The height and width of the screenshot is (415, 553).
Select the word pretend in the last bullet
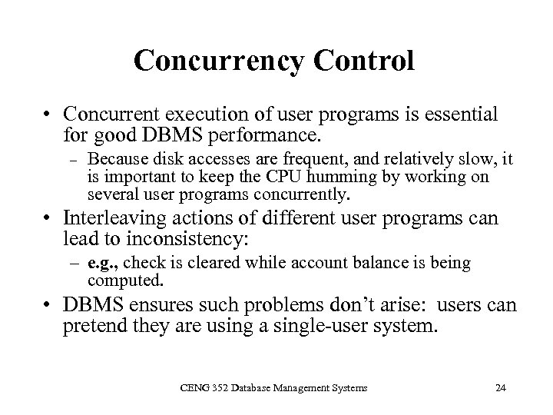point(94,327)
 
